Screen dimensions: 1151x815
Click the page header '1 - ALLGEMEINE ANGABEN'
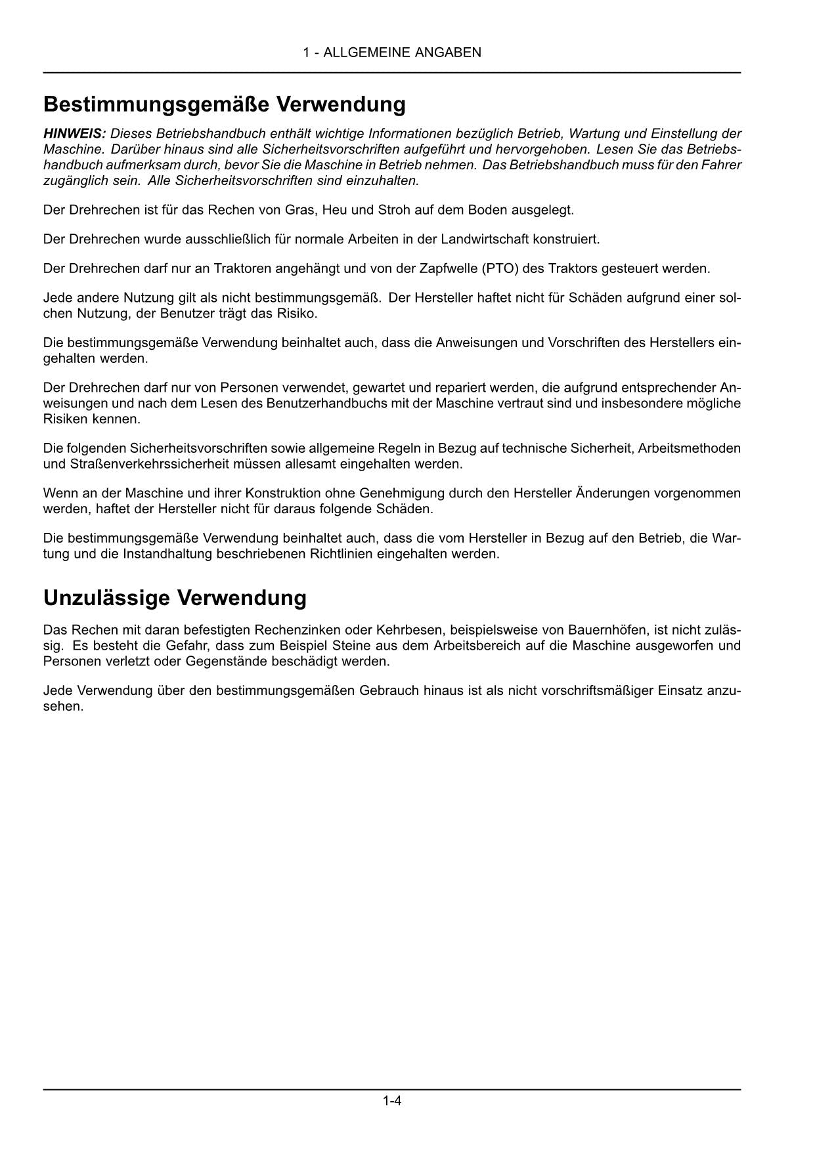[x=391, y=52]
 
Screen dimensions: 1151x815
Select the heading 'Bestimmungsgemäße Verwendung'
[x=224, y=104]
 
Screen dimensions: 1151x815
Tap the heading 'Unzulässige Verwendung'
[x=175, y=598]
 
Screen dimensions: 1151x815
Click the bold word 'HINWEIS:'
[x=74, y=133]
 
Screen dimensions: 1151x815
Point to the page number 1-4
[x=392, y=1100]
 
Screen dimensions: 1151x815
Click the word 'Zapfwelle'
[x=447, y=268]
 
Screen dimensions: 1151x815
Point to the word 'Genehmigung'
[x=396, y=493]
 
